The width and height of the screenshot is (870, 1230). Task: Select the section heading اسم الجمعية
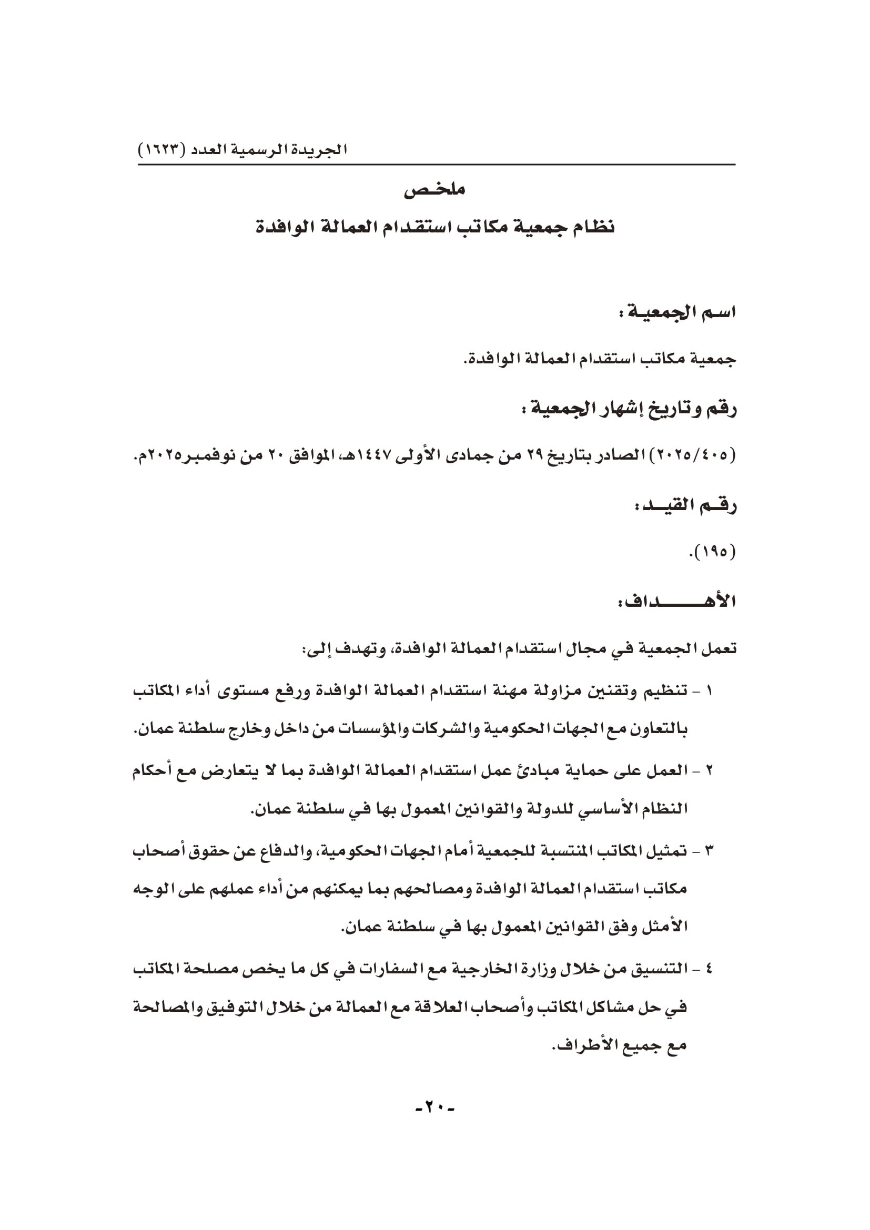(x=676, y=312)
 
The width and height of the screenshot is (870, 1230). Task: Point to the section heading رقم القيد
(x=685, y=505)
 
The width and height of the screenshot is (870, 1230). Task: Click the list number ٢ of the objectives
(x=710, y=771)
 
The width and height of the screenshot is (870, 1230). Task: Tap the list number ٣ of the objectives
(x=710, y=850)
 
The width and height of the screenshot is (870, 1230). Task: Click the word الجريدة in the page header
(x=323, y=149)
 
